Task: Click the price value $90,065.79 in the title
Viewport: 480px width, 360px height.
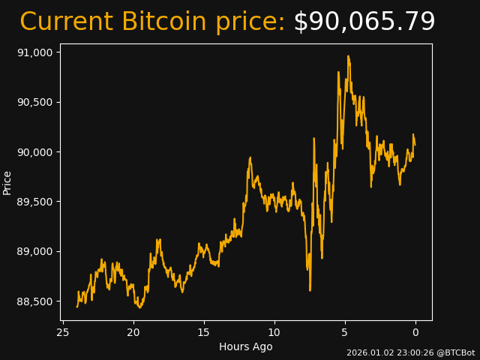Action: pos(364,22)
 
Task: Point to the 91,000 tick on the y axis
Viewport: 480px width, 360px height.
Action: pos(34,52)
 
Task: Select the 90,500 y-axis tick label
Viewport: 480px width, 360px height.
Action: pos(34,102)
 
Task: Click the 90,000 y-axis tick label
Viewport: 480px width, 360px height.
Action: pos(34,152)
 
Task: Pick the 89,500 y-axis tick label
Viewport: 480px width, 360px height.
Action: pos(34,202)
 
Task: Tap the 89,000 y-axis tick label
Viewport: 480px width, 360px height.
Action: pos(34,251)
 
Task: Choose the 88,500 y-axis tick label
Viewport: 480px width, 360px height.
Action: pos(34,301)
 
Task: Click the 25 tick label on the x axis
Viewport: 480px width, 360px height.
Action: pos(63,332)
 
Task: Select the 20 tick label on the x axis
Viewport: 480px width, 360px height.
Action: pos(133,332)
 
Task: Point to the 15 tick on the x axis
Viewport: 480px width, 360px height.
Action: pos(204,332)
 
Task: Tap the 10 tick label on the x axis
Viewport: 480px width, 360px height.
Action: pos(274,332)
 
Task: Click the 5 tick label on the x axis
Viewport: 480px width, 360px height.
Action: pos(345,332)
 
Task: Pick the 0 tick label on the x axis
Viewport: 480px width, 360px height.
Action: pos(415,332)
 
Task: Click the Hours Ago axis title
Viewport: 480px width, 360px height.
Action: pos(246,346)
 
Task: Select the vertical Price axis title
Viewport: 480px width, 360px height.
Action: pos(7,182)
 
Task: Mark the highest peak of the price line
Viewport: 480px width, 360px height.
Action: pos(348,55)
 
